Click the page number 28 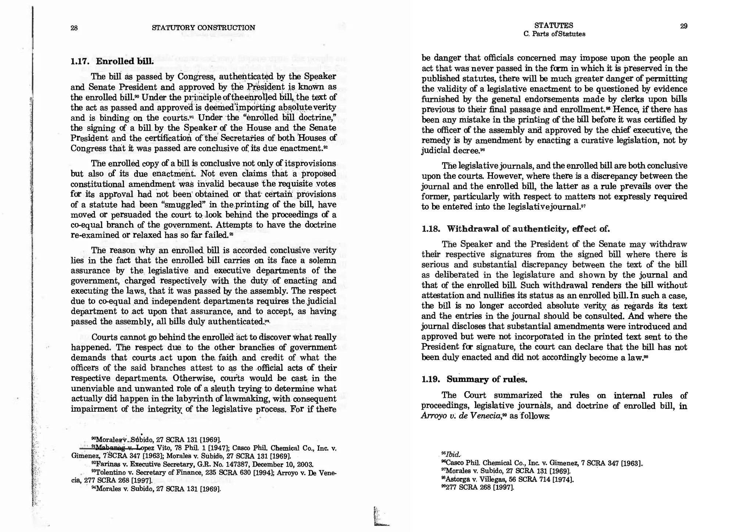(74, 28)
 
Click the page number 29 (684, 26)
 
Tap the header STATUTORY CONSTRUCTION (203, 28)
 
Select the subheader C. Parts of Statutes (554, 34)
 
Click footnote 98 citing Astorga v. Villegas (507, 479)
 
